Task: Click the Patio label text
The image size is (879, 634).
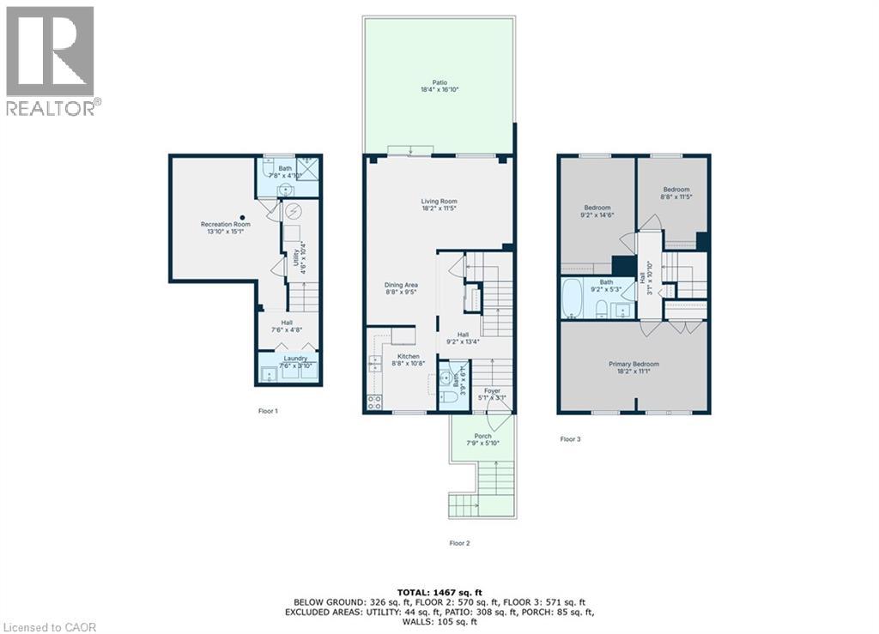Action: (x=439, y=83)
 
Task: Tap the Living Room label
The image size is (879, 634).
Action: (x=440, y=202)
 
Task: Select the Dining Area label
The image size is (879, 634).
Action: (x=400, y=285)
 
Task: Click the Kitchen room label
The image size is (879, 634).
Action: (x=407, y=355)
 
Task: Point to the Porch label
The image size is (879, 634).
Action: (x=482, y=436)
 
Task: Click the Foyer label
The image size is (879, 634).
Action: (x=492, y=391)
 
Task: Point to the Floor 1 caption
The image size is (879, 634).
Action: (x=269, y=411)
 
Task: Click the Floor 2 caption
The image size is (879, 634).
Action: (x=460, y=542)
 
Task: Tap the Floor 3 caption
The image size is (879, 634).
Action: (x=570, y=439)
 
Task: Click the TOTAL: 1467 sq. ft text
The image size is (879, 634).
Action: (x=439, y=593)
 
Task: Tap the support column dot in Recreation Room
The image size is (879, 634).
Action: (x=243, y=217)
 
